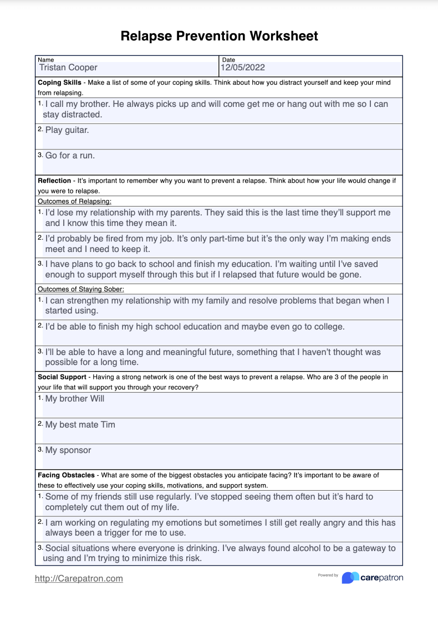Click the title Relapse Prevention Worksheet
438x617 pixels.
[219, 37]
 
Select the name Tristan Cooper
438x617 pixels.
[68, 68]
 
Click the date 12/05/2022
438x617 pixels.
[243, 68]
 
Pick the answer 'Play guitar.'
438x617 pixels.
[67, 130]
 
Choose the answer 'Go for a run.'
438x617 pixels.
[70, 156]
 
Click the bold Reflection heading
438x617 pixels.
[54, 181]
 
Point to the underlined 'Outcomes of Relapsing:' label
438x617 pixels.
[74, 201]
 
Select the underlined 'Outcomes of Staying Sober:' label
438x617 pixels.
[80, 289]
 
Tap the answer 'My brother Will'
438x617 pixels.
[74, 399]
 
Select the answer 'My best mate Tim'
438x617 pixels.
[80, 425]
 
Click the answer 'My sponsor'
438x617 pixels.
[68, 450]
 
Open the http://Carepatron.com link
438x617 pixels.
[79, 578]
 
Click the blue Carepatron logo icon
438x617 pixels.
[350, 578]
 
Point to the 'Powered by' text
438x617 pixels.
[328, 575]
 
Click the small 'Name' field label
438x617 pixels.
[46, 59]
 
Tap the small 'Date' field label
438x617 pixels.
[228, 59]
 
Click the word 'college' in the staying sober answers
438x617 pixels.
[327, 327]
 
